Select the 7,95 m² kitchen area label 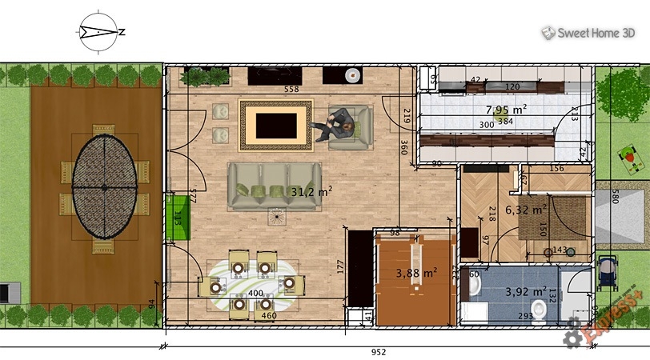506,109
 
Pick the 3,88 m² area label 416,273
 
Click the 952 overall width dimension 378,352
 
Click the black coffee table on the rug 277,124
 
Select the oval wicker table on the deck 104,186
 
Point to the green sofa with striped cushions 274,187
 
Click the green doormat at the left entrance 177,218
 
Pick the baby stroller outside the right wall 608,272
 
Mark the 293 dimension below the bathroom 525,317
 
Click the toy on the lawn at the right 632,159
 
